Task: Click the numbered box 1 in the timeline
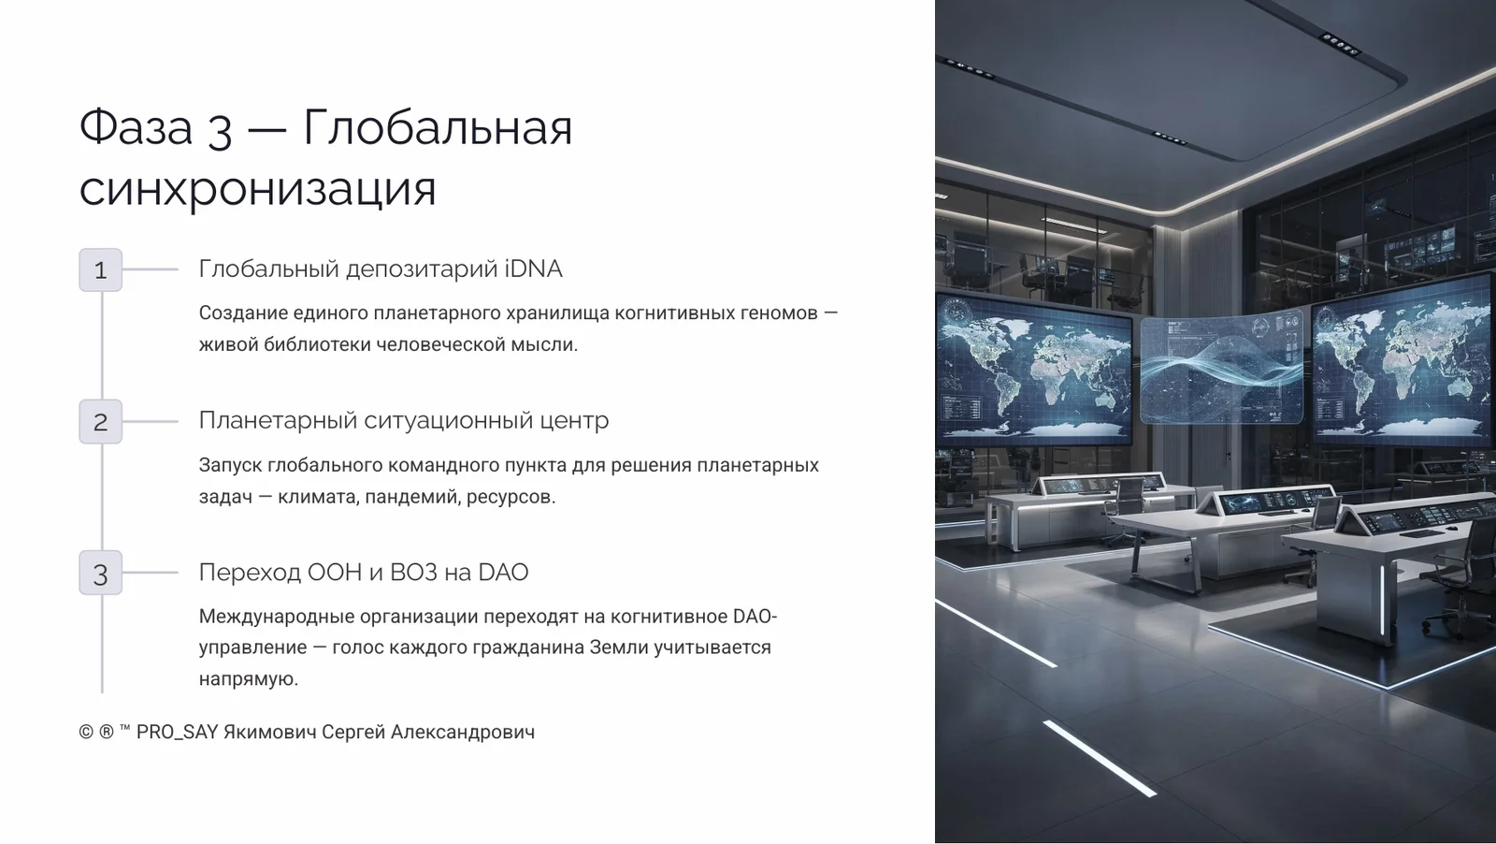coord(100,269)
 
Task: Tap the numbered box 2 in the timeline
coord(100,421)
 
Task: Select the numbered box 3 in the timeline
coord(100,573)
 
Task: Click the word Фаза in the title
coord(136,126)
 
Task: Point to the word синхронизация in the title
coord(257,188)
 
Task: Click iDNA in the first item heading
coord(533,269)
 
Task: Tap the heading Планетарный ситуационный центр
coord(403,421)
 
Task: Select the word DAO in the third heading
coord(503,573)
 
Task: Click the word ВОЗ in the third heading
coord(413,573)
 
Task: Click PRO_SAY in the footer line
coord(177,733)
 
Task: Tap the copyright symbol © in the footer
coord(86,733)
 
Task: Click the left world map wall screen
coord(1033,370)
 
